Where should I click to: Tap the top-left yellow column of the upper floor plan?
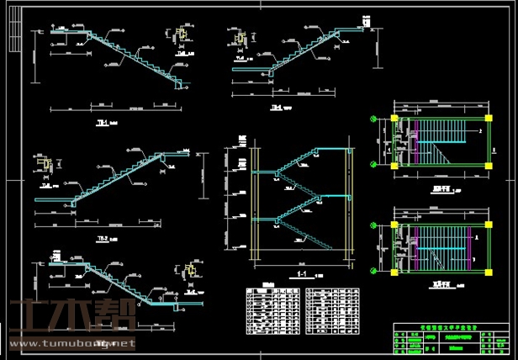click(394, 119)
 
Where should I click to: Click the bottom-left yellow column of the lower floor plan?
click(394, 273)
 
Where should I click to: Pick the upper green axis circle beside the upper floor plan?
click(374, 119)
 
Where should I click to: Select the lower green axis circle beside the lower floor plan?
click(374, 273)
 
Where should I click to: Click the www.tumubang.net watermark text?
click(69, 344)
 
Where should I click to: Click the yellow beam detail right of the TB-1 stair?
click(181, 36)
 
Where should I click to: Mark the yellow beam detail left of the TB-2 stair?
click(47, 164)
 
